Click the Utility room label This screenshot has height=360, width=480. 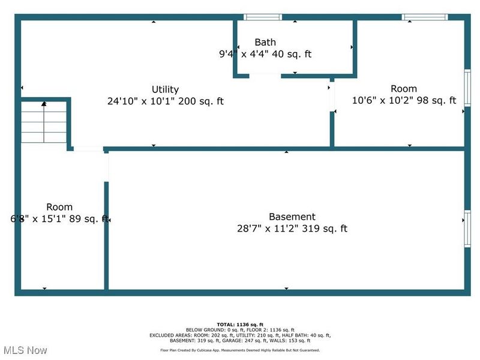(x=165, y=90)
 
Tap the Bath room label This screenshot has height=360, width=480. (x=265, y=43)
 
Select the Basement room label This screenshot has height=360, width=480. (x=292, y=217)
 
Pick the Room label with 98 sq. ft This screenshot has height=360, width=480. (x=403, y=89)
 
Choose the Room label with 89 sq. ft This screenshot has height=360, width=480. (x=59, y=207)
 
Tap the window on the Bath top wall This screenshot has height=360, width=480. (x=263, y=17)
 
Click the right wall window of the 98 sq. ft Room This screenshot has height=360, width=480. (x=467, y=88)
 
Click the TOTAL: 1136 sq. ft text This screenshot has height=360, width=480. (x=240, y=324)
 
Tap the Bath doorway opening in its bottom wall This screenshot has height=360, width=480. (x=265, y=75)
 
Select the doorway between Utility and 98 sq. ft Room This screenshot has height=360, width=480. (x=331, y=97)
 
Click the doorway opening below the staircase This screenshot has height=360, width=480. (x=88, y=148)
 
